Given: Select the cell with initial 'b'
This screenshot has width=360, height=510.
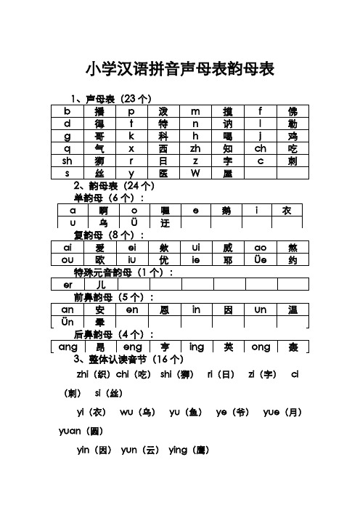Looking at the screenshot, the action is (x=67, y=111).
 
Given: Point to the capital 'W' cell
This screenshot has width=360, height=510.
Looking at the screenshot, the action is (x=195, y=173).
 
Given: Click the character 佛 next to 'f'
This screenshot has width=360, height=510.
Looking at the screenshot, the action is (x=292, y=111).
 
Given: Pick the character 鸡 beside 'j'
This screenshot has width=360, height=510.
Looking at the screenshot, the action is (x=292, y=136).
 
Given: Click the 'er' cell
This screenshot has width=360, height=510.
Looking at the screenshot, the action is (x=67, y=285).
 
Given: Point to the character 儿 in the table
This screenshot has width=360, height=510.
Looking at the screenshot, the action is (x=99, y=285).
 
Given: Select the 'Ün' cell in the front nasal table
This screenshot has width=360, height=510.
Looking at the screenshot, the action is (x=67, y=322).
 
